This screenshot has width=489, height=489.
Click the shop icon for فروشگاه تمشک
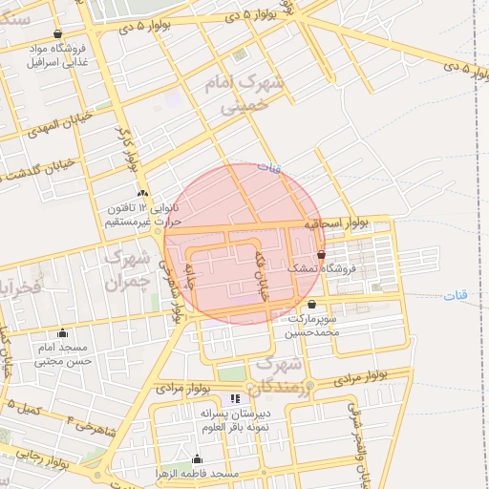click(x=320, y=255)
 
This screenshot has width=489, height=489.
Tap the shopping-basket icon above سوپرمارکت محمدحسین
click(x=311, y=305)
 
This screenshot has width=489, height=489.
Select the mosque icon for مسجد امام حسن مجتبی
click(x=63, y=333)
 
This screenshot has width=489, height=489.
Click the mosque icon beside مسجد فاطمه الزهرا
click(x=198, y=458)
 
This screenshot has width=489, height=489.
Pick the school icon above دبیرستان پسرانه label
click(x=236, y=398)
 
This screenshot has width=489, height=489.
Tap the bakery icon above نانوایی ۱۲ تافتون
click(x=142, y=194)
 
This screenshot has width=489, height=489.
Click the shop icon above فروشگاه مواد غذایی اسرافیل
click(x=57, y=33)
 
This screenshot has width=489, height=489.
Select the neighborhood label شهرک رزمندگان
click(x=278, y=375)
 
